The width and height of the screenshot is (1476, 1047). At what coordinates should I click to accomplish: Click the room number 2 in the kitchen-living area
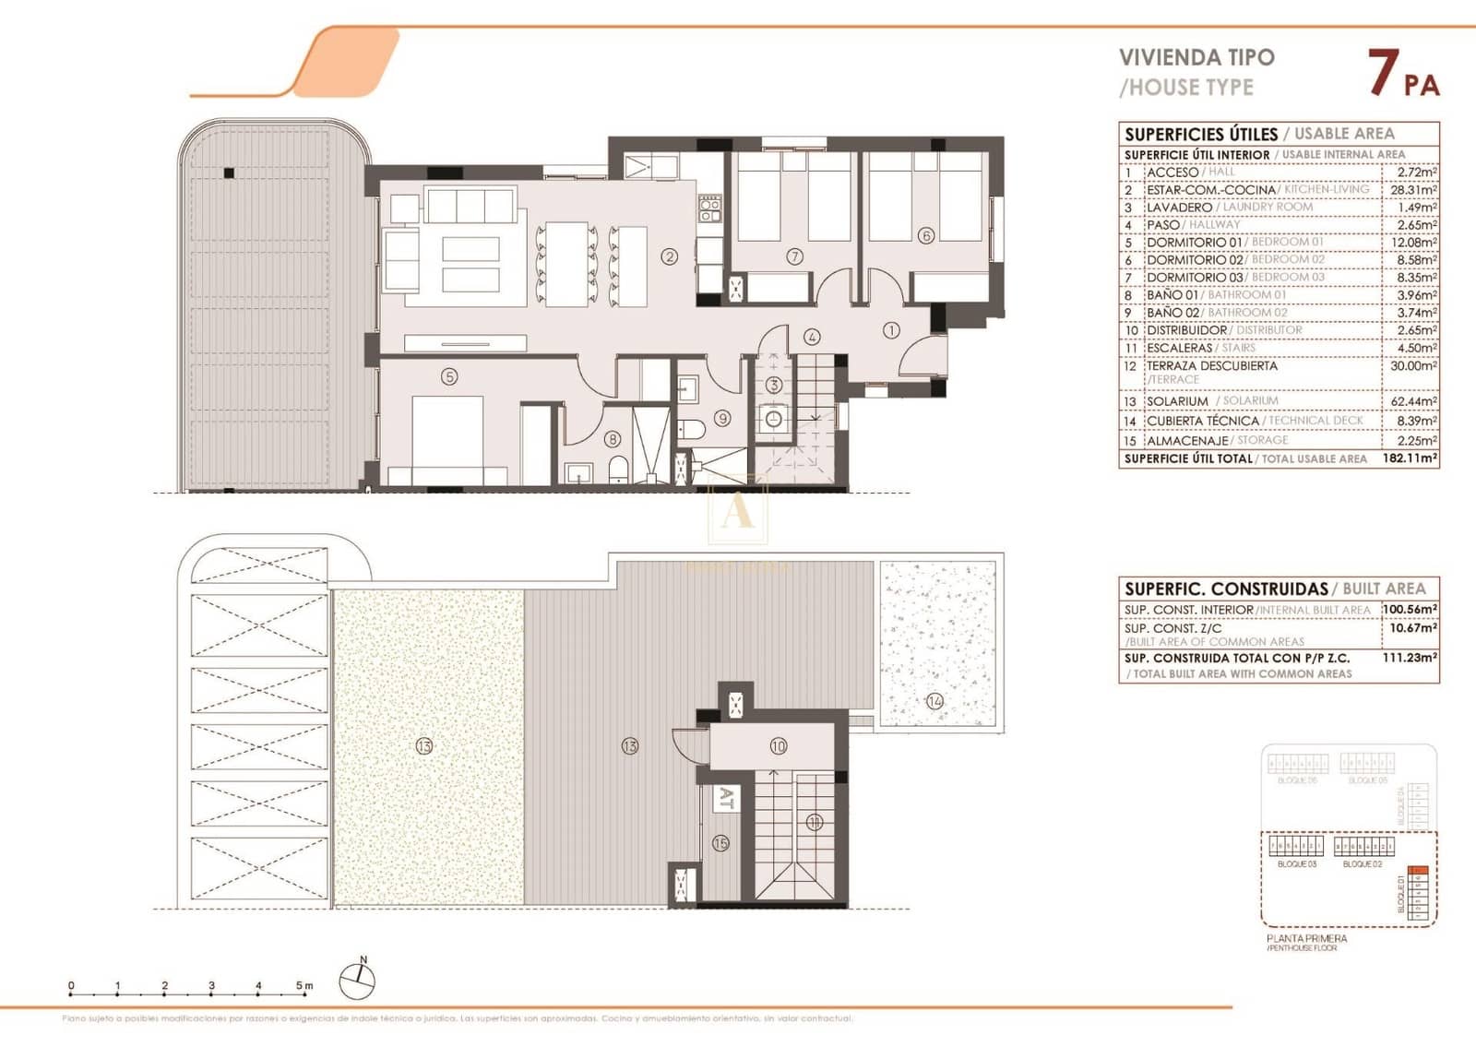(670, 257)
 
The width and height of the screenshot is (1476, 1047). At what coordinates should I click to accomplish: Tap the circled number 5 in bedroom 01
(449, 376)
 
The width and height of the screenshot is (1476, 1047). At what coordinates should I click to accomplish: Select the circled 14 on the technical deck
(934, 701)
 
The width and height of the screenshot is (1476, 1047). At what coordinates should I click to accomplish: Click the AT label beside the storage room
(726, 799)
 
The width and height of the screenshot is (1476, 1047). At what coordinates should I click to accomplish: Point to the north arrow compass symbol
(357, 980)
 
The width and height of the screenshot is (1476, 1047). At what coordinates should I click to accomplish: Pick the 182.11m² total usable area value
(1410, 458)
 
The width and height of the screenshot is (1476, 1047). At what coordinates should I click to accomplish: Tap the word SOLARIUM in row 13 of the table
(1177, 402)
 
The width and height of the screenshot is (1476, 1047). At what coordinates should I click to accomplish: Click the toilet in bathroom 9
(692, 430)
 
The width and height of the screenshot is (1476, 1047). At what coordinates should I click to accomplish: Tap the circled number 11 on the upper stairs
(814, 823)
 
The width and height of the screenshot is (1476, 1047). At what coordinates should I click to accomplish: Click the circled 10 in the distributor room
(778, 746)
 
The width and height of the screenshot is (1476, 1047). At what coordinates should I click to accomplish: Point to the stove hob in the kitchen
(708, 209)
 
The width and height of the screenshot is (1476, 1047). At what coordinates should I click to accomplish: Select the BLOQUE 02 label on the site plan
(1362, 864)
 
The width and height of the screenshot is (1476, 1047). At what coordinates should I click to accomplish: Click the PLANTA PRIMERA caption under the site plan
(1306, 938)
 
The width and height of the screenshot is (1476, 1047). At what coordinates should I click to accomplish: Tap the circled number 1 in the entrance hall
(891, 329)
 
